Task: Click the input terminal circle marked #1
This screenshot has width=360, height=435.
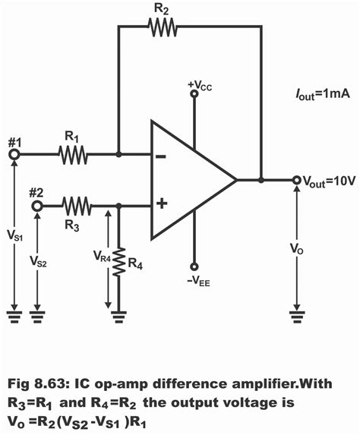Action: [x=14, y=155]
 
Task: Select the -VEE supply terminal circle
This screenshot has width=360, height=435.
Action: [x=194, y=266]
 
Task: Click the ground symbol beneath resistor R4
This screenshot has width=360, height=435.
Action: [x=118, y=312]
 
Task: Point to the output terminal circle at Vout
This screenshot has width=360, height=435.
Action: [x=295, y=181]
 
